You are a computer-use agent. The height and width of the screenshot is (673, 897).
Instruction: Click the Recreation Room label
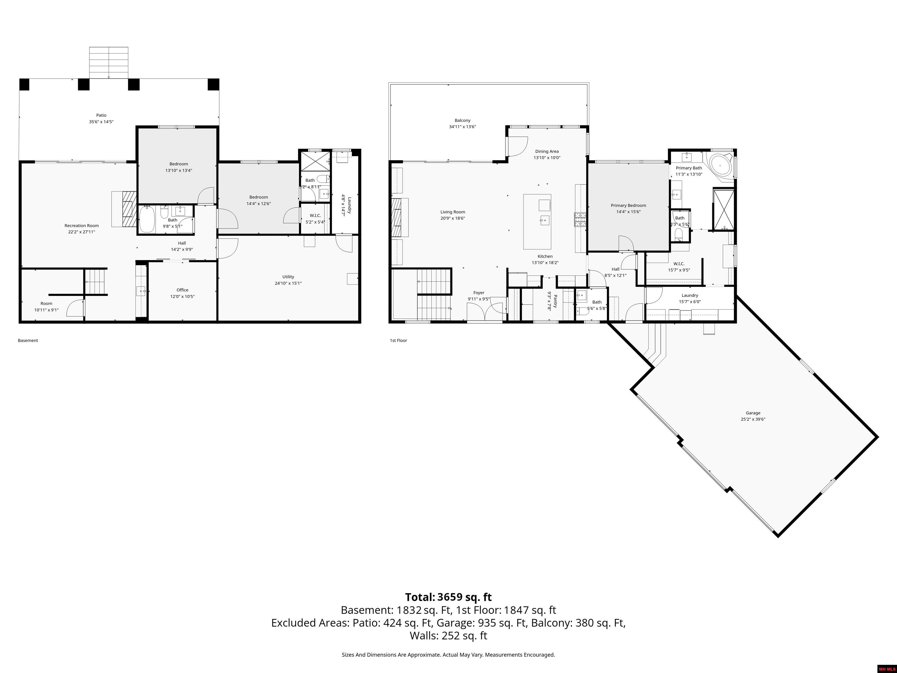coord(81,226)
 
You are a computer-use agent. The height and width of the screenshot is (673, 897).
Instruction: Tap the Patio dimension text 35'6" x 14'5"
coord(101,122)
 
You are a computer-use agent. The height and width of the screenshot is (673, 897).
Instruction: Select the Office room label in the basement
coord(182,290)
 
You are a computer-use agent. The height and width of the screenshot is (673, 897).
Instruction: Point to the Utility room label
coord(288,277)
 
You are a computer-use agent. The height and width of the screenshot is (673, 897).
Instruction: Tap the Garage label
coord(753,413)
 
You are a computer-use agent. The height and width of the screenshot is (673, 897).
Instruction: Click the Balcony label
coord(462,120)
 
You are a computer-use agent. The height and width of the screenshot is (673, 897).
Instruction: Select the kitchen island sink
coord(544,221)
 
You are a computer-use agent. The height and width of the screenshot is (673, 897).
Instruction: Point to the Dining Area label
coord(547,151)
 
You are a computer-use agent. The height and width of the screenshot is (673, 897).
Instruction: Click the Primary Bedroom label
coord(628,205)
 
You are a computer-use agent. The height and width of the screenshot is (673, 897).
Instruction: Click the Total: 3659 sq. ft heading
coord(448,597)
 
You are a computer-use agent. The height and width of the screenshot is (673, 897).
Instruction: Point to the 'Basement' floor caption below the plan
coord(28,340)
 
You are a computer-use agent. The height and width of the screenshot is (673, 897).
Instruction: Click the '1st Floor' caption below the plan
coord(398,340)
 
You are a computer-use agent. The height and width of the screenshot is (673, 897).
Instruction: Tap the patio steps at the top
coord(109,63)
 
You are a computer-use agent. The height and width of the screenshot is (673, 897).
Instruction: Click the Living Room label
coord(453,212)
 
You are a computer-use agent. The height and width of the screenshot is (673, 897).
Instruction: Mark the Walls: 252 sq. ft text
coord(448,636)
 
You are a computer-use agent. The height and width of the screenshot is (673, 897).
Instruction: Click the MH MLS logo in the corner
coord(886,669)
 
